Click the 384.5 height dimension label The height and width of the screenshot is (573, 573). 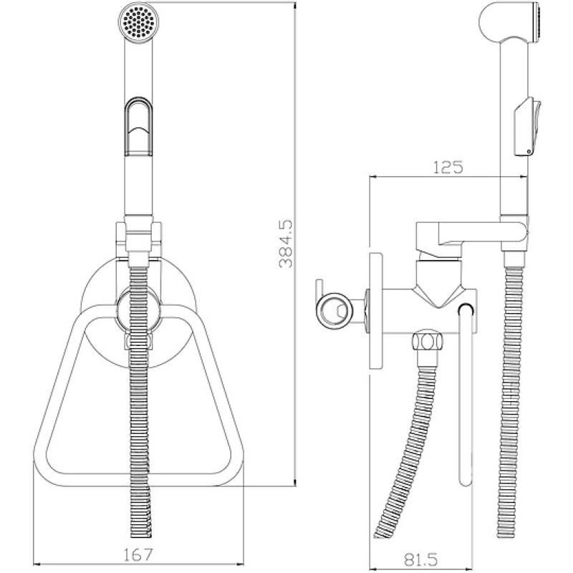286,244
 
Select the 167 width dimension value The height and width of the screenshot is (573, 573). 136,555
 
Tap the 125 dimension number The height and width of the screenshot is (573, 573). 448,167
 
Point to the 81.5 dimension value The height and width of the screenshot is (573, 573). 420,559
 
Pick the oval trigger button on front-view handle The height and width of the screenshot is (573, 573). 138,126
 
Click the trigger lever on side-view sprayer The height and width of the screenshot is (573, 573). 527,127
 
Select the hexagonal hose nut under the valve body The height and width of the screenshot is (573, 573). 427,342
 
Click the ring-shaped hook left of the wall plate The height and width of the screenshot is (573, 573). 334,310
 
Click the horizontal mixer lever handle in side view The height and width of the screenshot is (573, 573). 472,234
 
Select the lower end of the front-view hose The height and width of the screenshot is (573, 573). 141,533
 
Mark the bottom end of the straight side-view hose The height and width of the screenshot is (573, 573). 507,533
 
